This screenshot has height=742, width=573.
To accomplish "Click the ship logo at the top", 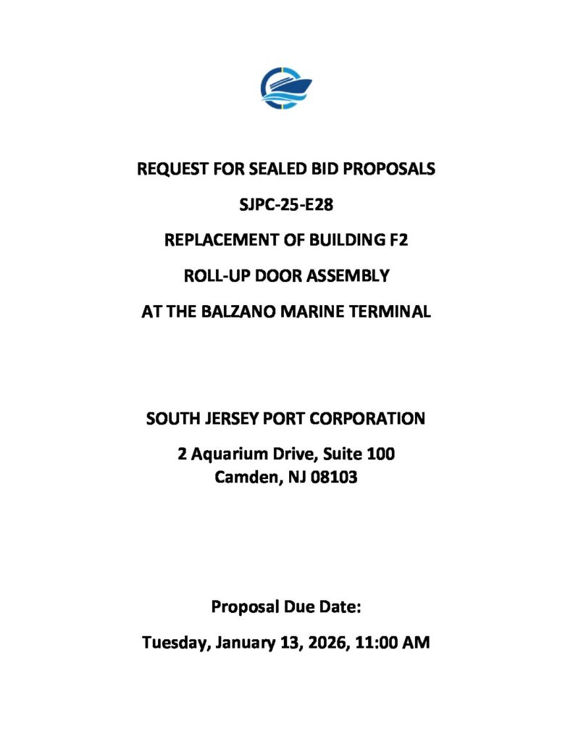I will (x=286, y=88).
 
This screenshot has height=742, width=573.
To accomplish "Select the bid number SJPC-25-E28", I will (x=286, y=204).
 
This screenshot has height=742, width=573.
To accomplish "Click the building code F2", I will (x=398, y=240).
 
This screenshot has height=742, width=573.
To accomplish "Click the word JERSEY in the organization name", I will (x=226, y=419).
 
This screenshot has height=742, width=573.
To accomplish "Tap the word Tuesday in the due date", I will (x=174, y=642).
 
